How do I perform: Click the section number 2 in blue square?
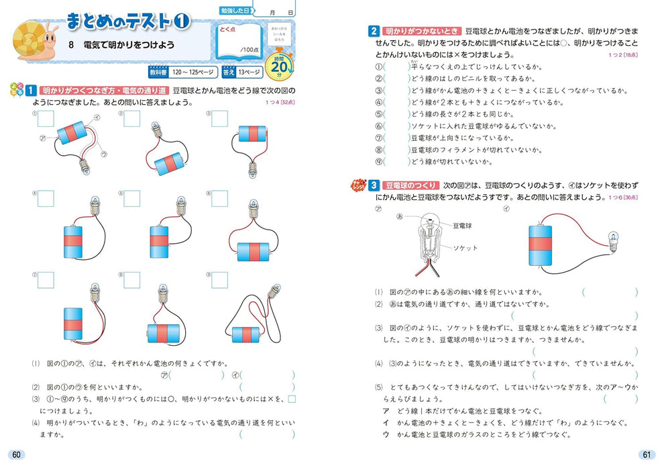click(373, 31)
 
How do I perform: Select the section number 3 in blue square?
click(373, 184)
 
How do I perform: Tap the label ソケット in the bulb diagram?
click(465, 248)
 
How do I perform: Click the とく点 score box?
click(239, 42)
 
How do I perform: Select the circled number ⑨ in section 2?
click(378, 162)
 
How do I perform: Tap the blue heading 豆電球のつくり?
click(408, 184)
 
